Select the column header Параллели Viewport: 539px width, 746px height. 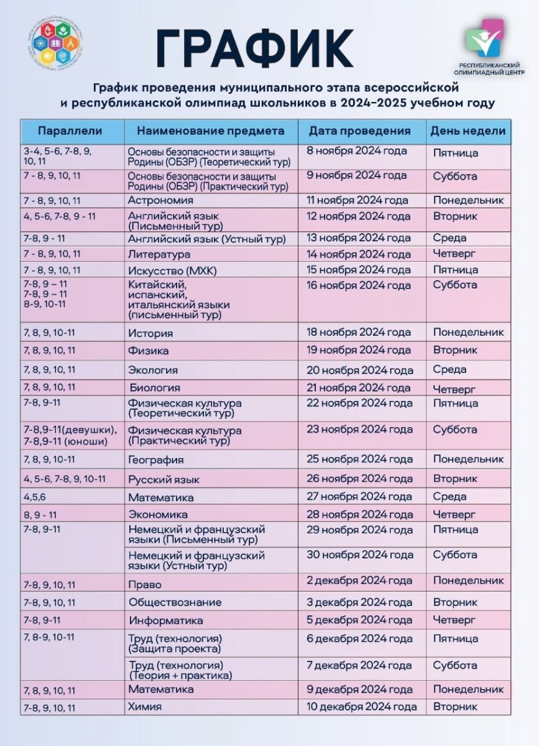(70, 131)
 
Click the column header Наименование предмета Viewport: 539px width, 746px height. (210, 131)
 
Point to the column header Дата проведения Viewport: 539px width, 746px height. (360, 131)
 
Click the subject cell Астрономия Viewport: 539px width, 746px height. (160, 200)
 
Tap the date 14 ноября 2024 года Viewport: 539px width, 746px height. (359, 254)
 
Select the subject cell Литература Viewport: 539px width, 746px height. (159, 254)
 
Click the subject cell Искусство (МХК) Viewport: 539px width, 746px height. (167, 270)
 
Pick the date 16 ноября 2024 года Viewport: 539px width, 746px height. (359, 285)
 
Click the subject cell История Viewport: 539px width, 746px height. (150, 333)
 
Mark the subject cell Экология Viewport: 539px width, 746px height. (153, 370)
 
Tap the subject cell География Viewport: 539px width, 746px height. (156, 460)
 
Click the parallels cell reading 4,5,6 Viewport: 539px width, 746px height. (34, 497)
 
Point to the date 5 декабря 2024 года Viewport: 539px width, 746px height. (359, 620)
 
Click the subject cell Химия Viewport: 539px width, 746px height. (145, 707)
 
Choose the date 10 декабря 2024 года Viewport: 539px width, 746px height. (361, 707)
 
